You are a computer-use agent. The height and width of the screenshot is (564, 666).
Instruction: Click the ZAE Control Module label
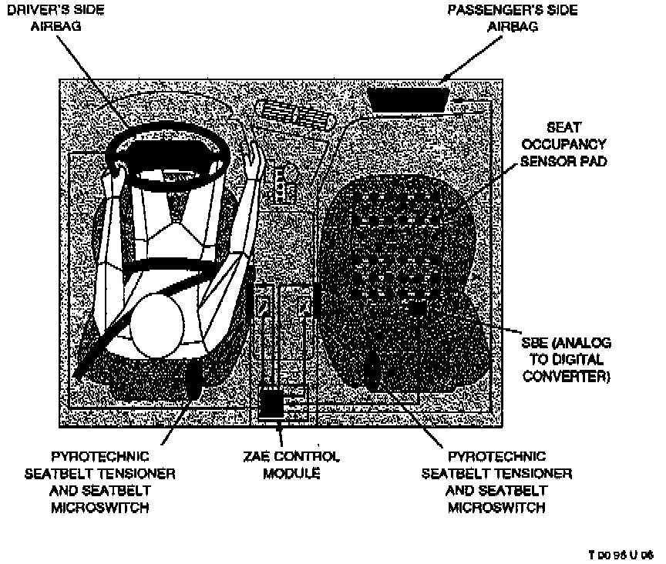(291, 465)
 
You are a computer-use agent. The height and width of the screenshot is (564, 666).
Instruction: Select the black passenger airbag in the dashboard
(408, 99)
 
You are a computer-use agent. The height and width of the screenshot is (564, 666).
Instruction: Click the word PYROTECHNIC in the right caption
(497, 456)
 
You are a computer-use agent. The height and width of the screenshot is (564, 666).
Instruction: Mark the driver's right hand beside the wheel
(254, 159)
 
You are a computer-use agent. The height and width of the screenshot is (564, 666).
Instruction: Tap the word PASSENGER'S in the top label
(485, 9)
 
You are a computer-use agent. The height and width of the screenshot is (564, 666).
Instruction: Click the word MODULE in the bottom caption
(291, 472)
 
